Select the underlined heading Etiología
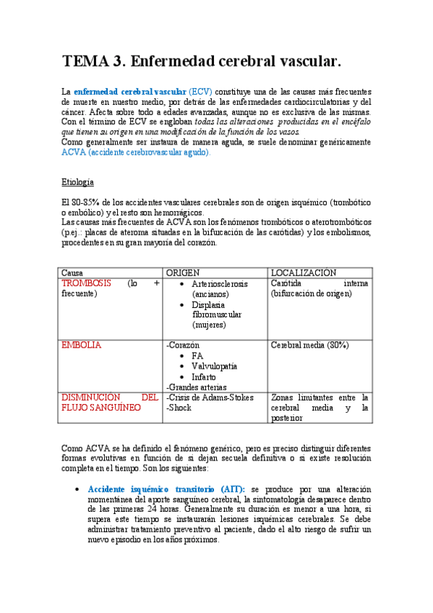[78, 181]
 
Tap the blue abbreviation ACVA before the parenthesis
[74, 153]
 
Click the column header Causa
[72, 273]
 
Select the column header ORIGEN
[184, 273]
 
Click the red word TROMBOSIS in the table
[87, 283]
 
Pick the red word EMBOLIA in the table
[82, 346]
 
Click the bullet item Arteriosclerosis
[220, 283]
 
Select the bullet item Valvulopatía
[215, 366]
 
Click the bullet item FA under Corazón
[197, 356]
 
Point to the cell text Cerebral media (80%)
[310, 346]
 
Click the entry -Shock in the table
[179, 408]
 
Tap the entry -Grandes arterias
[197, 387]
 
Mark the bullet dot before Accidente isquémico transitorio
[78, 489]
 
